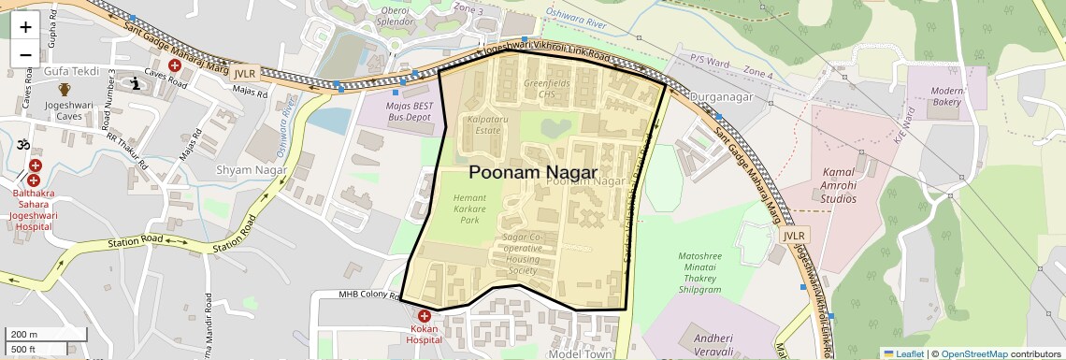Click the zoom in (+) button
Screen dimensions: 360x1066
coord(25,27)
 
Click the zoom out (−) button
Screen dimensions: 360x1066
coord(25,54)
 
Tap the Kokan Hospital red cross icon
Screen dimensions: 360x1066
coord(425,317)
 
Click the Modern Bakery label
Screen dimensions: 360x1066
coord(947,95)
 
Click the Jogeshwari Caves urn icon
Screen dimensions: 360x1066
coord(65,90)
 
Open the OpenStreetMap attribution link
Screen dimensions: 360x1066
coord(973,353)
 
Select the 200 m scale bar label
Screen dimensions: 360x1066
coord(22,335)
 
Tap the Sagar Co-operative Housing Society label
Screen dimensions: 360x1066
coord(524,253)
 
